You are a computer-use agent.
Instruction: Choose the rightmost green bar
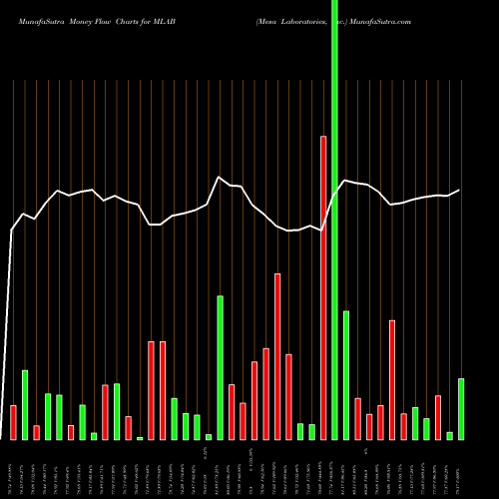(x=461, y=409)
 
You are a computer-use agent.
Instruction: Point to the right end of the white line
(x=460, y=190)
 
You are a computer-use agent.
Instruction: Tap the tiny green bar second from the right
(x=449, y=435)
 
